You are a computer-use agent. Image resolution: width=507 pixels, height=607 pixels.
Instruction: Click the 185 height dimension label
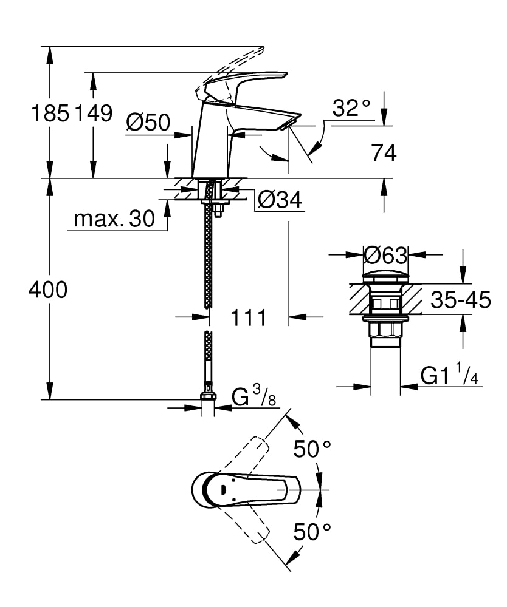click(50, 114)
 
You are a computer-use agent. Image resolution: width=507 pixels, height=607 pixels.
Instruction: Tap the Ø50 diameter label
click(148, 123)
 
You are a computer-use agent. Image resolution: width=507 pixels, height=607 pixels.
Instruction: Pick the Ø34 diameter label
click(280, 200)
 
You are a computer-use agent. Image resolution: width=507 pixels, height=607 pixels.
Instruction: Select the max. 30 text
click(114, 219)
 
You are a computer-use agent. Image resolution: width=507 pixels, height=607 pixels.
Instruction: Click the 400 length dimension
click(48, 291)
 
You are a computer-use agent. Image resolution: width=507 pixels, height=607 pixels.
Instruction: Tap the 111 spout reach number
click(248, 317)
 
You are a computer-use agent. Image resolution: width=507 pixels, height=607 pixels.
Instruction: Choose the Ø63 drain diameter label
click(385, 255)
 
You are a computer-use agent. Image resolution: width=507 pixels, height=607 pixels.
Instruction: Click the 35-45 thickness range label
click(460, 300)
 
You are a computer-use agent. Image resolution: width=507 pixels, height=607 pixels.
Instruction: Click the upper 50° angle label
click(312, 449)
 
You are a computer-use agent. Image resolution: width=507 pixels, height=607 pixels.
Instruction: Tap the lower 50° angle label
click(312, 532)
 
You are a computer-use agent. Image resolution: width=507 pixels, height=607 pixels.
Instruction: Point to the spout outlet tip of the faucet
click(287, 124)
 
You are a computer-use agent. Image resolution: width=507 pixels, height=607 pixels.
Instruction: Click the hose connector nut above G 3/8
click(208, 398)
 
